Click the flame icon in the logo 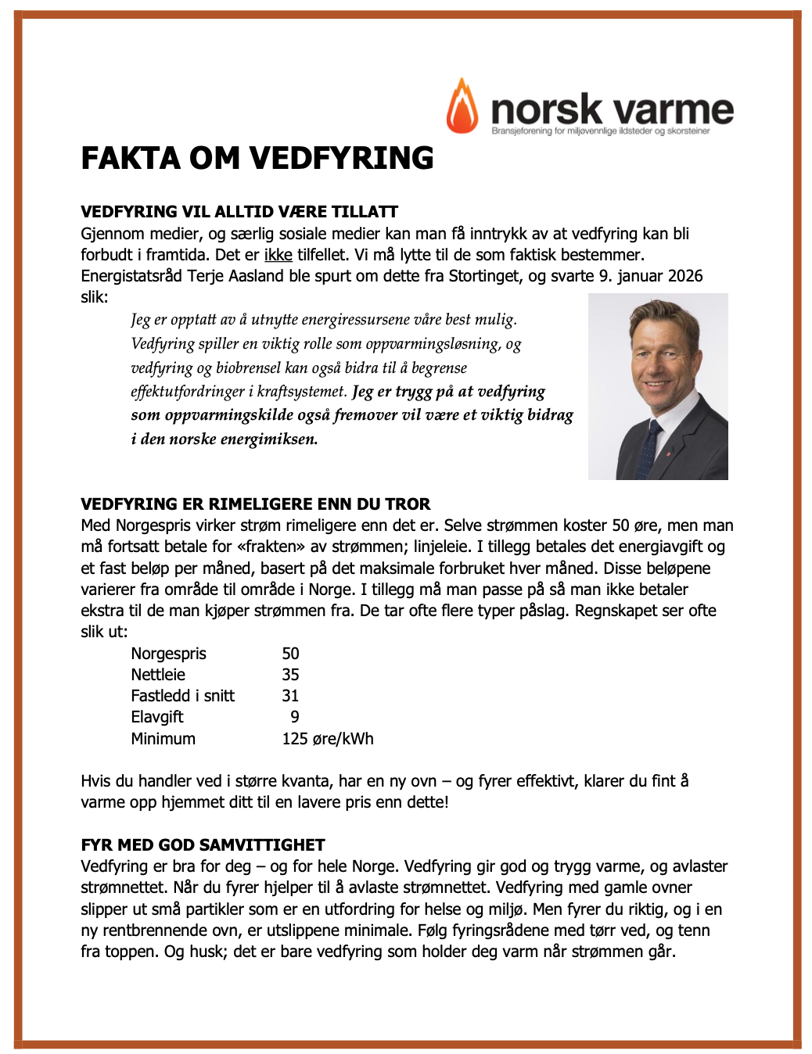click(x=462, y=107)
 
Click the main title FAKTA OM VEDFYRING click(x=257, y=158)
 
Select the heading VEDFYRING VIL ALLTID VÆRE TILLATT click(x=239, y=212)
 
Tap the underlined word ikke click(x=278, y=255)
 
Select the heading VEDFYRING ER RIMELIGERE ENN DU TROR click(x=256, y=504)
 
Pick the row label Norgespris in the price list click(x=168, y=654)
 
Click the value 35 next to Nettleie click(x=290, y=675)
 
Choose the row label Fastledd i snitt click(x=182, y=696)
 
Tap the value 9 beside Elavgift click(x=294, y=717)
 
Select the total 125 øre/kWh click(x=327, y=739)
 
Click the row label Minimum click(x=163, y=739)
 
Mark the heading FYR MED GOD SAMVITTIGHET click(x=203, y=845)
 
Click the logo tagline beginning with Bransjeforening click(x=600, y=131)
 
